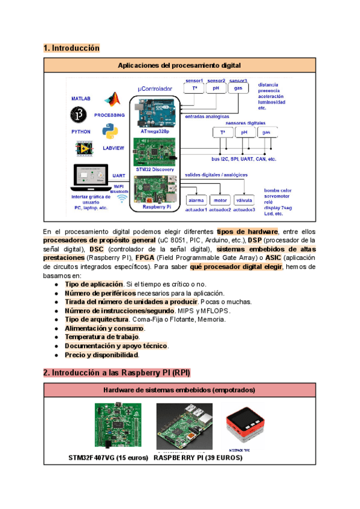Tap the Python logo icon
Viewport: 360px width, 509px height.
tap(109, 130)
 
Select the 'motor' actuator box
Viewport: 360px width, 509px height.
tap(220, 200)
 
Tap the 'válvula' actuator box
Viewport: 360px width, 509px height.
tap(245, 200)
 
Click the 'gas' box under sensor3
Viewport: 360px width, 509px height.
tap(238, 88)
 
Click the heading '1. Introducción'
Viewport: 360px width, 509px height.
tap(71, 47)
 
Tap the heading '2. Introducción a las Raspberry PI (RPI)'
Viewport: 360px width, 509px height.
tap(117, 373)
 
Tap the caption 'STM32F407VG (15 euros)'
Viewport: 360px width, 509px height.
tap(108, 457)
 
